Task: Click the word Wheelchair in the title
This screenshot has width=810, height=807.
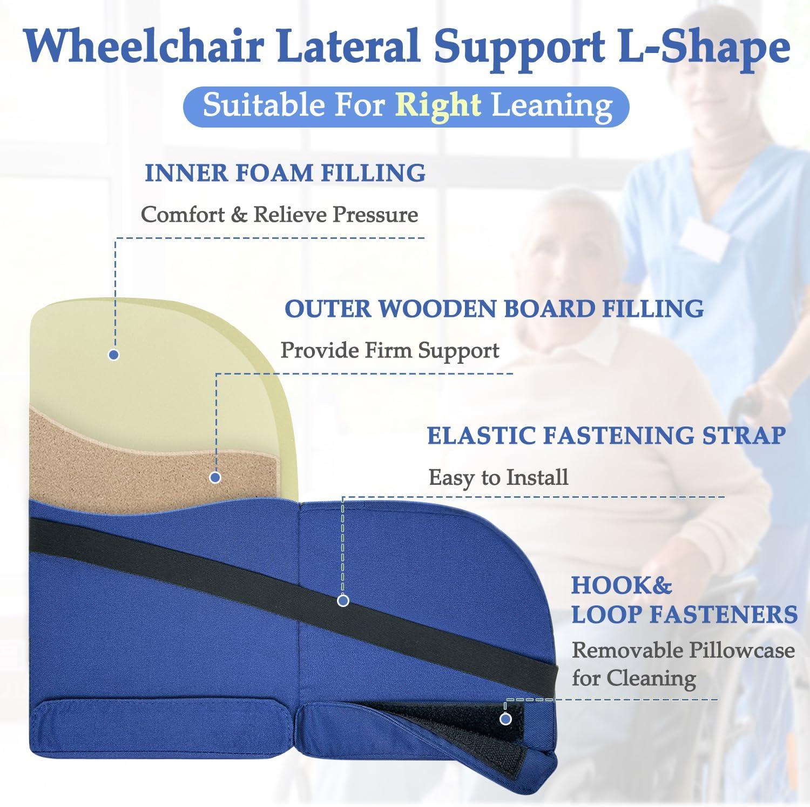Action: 145,46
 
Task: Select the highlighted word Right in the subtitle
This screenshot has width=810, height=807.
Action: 438,104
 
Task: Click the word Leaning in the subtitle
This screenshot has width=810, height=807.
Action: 551,105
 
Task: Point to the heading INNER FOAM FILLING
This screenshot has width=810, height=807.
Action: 285,173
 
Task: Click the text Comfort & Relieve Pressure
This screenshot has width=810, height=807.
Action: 279,215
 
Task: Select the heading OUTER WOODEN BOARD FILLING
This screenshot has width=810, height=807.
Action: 494,309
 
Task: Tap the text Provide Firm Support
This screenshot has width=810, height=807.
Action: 389,350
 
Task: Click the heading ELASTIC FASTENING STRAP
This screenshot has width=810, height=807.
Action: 606,436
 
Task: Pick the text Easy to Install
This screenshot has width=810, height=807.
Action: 498,477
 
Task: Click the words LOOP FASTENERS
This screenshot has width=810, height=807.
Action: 684,615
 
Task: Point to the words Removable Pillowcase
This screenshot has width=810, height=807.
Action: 683,650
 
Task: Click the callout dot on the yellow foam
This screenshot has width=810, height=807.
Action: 113,355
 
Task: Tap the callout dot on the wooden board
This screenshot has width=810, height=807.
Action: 215,477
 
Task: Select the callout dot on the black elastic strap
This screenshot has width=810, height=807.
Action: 343,601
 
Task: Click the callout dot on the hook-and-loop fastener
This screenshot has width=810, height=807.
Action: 505,719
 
